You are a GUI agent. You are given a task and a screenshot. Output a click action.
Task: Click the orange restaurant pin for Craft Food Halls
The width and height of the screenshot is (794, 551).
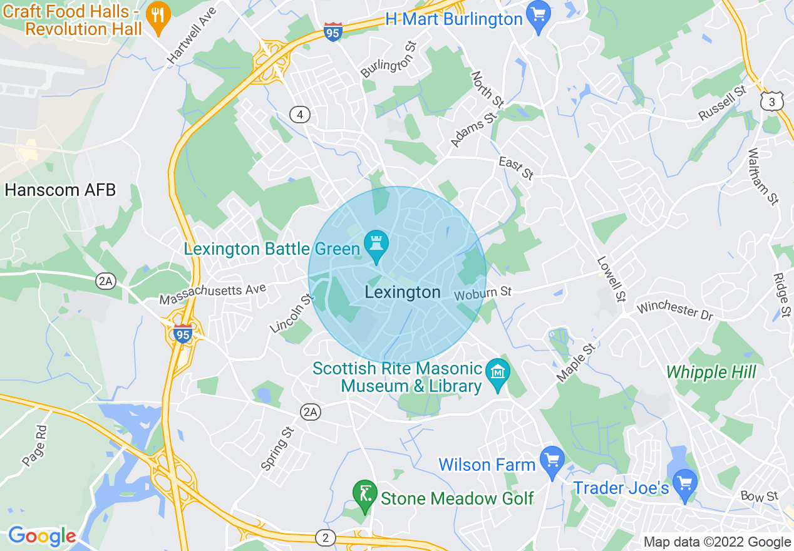(158, 16)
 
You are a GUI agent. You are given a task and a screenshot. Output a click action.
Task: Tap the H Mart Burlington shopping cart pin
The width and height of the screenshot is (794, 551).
(538, 15)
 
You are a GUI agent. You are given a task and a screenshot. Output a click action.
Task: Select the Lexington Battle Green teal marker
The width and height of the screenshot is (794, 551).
(376, 245)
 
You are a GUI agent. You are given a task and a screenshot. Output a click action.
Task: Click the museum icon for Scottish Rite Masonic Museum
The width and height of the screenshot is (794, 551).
(498, 374)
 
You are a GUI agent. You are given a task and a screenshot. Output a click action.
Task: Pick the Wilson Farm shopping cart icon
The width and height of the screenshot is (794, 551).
(552, 461)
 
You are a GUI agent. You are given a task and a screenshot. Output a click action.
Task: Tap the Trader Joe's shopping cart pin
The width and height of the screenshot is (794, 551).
(686, 484)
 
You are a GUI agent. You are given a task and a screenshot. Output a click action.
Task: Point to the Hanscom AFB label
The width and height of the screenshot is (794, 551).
(60, 190)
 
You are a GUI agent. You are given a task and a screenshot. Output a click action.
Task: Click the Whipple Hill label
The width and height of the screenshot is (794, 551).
(711, 373)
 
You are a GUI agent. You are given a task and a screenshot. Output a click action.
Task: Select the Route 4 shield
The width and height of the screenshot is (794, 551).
(301, 114)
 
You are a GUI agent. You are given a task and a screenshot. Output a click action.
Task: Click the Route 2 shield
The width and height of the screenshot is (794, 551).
(325, 537)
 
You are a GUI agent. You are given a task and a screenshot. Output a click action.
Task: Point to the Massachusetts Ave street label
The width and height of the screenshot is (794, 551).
(213, 294)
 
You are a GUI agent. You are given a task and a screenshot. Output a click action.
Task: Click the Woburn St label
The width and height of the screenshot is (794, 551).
(483, 292)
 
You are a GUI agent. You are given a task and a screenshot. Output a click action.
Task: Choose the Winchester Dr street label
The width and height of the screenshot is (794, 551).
(675, 311)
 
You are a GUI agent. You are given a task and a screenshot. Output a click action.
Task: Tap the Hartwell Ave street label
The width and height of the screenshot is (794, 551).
(191, 35)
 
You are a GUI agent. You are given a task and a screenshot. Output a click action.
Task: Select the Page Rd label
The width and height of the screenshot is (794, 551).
(34, 446)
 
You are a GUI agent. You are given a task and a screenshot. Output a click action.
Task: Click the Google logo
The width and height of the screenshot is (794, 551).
(42, 536)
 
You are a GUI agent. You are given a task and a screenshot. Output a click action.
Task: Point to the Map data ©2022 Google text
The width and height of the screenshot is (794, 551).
(718, 542)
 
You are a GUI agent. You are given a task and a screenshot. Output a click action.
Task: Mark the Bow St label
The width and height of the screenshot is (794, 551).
(759, 497)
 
